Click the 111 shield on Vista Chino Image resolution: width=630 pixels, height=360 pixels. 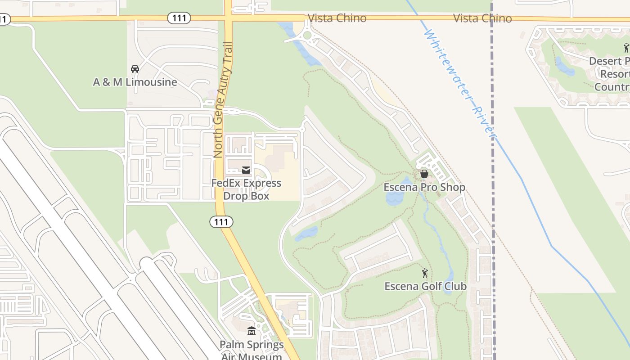(x=179, y=18)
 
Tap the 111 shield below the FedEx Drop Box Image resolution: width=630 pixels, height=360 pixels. (x=221, y=221)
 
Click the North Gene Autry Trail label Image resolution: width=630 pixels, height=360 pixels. (x=224, y=99)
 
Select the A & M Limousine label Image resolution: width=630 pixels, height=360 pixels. (x=135, y=82)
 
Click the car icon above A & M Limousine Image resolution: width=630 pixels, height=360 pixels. (x=135, y=69)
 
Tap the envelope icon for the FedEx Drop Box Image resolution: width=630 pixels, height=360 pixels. (x=246, y=170)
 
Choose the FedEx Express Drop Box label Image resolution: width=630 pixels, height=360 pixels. (x=246, y=189)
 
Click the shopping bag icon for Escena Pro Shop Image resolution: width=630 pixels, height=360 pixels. (x=424, y=174)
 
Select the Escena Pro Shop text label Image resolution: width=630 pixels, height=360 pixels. (x=424, y=187)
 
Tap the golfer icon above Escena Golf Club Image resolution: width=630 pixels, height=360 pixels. (x=425, y=273)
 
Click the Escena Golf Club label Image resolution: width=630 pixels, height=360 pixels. (x=425, y=286)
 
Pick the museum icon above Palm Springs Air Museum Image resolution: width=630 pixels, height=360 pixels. (x=252, y=332)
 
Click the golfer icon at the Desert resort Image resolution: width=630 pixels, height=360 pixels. (x=626, y=47)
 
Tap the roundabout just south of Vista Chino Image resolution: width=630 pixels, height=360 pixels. (x=307, y=35)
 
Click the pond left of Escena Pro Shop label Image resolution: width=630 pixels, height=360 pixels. (x=394, y=198)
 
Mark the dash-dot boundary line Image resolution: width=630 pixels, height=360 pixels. (x=493, y=180)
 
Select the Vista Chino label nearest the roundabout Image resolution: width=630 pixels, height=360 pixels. (x=337, y=18)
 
